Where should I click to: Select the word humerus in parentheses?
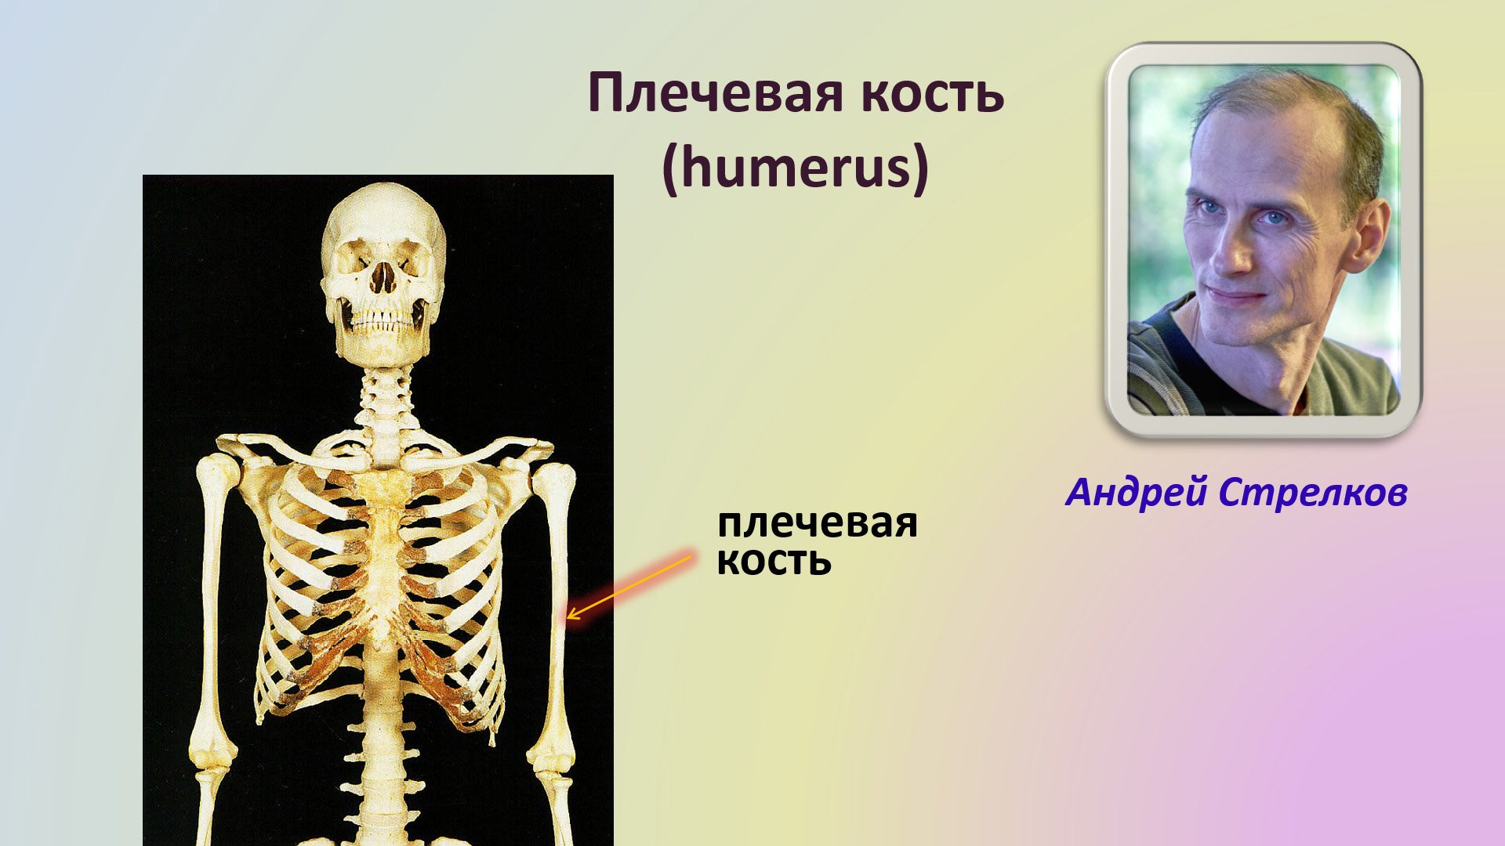click(x=795, y=168)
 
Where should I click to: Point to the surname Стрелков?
click(x=1313, y=493)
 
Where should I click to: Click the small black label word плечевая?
click(x=817, y=523)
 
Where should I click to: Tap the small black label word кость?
click(x=774, y=561)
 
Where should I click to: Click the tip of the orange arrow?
click(x=568, y=617)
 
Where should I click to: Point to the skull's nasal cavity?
click(x=383, y=279)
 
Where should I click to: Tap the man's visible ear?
click(x=1369, y=235)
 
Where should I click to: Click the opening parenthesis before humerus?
click(x=671, y=169)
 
